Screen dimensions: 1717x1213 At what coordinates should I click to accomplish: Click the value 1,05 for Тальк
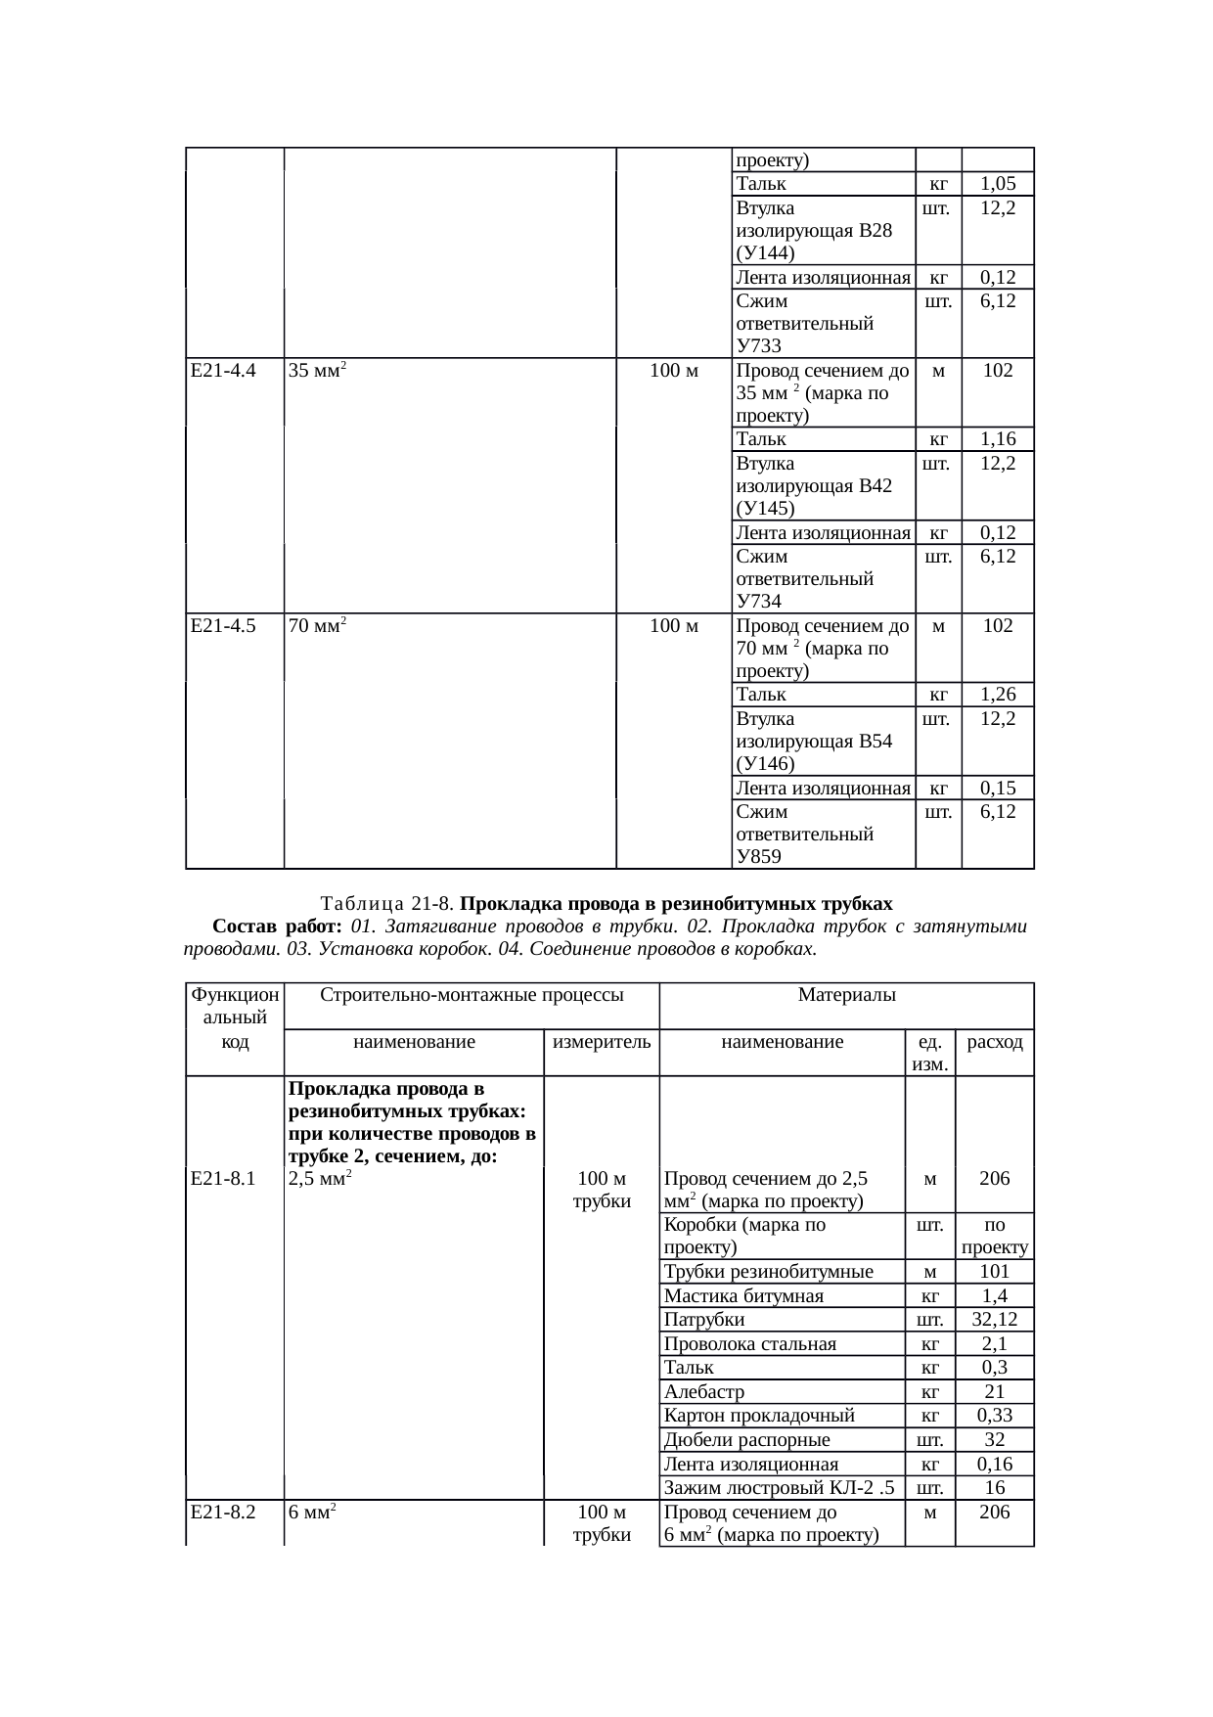tap(998, 183)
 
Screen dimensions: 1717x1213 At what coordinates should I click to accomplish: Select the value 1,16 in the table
tap(998, 438)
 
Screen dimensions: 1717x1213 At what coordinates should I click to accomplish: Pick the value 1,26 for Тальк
tap(998, 695)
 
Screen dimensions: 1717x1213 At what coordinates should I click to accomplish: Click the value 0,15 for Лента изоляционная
tap(998, 788)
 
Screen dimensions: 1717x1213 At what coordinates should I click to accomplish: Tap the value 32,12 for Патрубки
tap(994, 1320)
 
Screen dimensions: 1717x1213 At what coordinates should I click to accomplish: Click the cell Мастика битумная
tap(743, 1296)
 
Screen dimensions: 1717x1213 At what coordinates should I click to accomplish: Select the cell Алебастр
tap(703, 1391)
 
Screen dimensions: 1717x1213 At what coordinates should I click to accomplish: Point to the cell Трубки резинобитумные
tap(768, 1272)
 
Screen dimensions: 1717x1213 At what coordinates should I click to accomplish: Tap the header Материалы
tap(847, 996)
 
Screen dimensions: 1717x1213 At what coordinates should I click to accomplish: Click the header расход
tap(994, 1042)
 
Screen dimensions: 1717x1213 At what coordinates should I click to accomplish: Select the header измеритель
tap(602, 1042)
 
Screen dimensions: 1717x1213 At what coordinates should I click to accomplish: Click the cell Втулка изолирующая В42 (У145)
tap(813, 485)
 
